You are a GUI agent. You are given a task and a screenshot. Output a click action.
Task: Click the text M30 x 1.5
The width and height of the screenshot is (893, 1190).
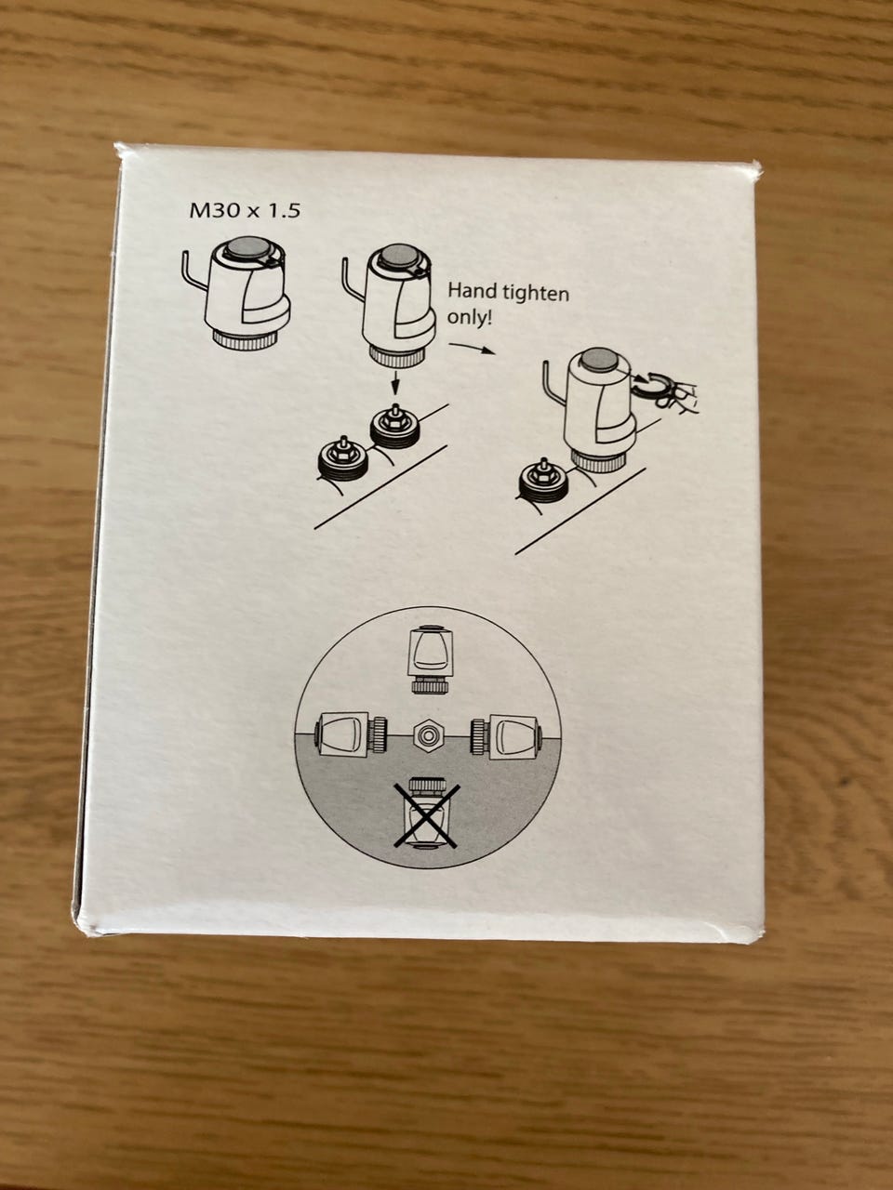coord(245,210)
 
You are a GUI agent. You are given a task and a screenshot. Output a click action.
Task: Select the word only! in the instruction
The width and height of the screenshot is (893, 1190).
coord(470,317)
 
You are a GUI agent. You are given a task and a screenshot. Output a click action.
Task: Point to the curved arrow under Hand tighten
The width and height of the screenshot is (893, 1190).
coord(473,348)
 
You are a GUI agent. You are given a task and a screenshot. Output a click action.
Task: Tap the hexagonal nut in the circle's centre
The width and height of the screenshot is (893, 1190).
coord(428,736)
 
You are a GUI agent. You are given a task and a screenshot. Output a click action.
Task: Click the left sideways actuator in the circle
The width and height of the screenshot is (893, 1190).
coord(351,735)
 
